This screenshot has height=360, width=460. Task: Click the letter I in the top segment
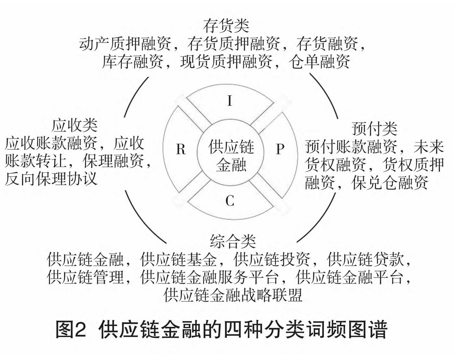tap(230, 101)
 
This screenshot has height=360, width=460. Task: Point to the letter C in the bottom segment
tap(230, 201)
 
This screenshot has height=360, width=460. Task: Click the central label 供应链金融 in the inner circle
tap(231, 156)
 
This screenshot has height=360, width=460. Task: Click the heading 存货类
tap(226, 26)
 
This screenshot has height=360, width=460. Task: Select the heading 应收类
tap(75, 126)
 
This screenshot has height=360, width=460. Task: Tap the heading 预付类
tap(374, 128)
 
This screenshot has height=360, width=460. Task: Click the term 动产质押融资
tap(125, 44)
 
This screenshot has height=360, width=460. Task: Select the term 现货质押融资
tap(226, 62)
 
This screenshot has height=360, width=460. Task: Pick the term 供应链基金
tap(178, 259)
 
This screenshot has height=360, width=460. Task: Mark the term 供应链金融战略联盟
tap(233, 295)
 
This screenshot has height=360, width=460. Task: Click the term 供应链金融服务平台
tap(209, 277)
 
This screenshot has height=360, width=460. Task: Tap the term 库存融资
tap(132, 62)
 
